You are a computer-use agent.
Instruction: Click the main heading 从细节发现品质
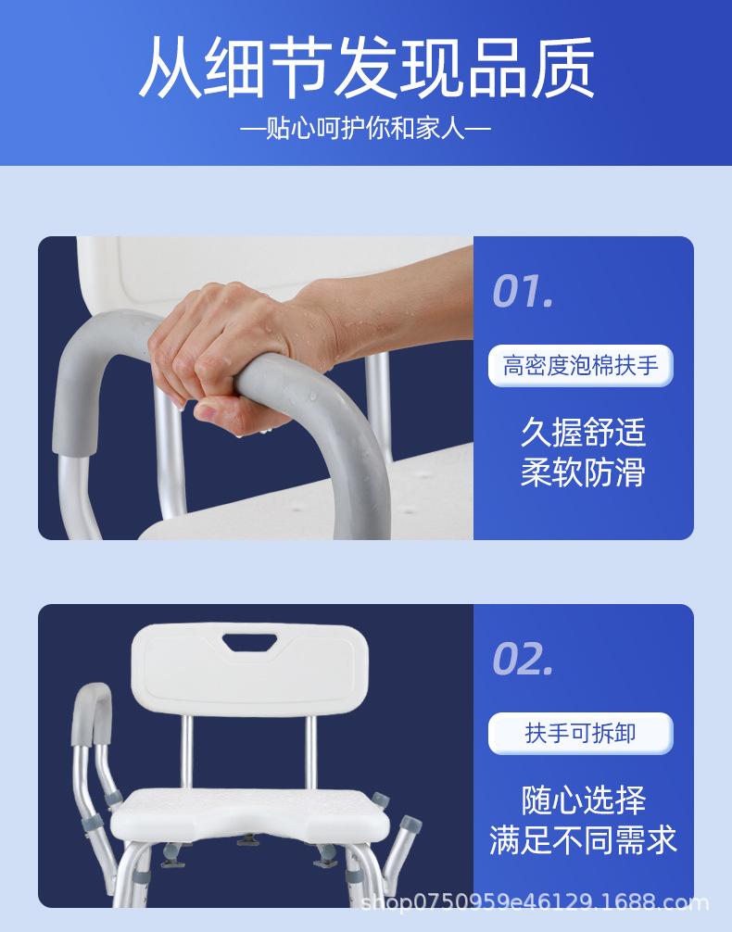[366, 67]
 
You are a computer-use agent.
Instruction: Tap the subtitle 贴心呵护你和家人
[366, 129]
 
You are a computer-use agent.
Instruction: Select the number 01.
[523, 290]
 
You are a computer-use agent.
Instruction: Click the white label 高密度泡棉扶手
[580, 365]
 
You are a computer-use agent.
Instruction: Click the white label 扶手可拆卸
[580, 733]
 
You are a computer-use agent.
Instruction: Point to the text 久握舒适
[583, 432]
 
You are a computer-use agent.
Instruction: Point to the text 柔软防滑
[583, 472]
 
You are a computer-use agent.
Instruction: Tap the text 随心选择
[583, 800]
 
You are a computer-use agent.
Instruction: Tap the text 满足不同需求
[583, 840]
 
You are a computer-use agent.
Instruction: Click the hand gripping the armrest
[238, 351]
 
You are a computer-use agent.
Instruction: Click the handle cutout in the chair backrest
[250, 642]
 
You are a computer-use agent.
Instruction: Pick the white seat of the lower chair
[250, 814]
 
